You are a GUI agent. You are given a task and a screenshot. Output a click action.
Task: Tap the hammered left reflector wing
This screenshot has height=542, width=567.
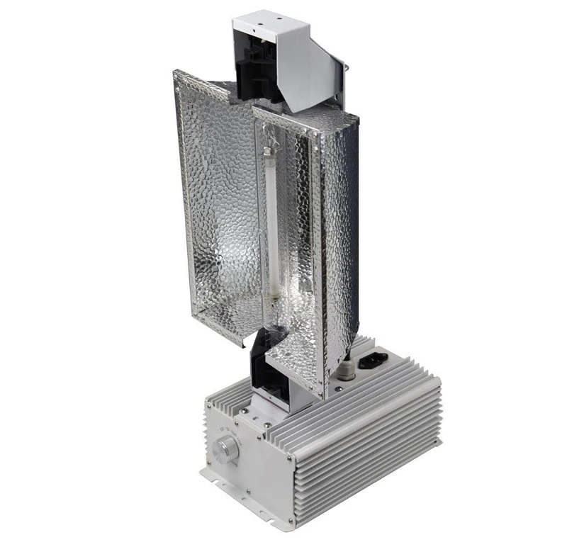point(213,213)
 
